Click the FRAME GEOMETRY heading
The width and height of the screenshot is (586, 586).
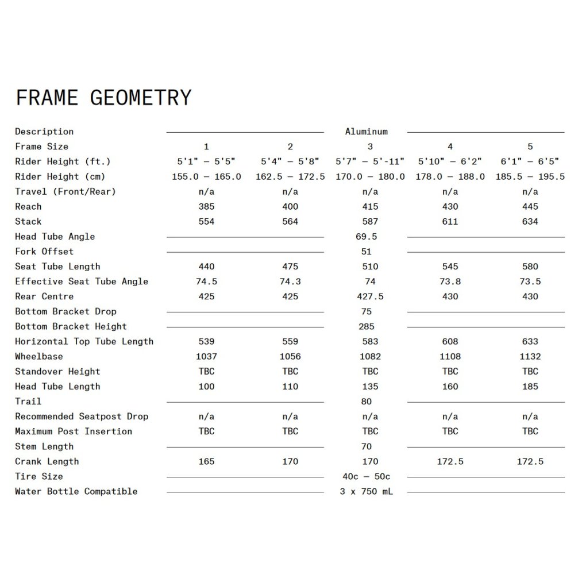103,98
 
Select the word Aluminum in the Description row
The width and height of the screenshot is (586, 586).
367,132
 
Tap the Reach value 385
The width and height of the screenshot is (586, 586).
206,206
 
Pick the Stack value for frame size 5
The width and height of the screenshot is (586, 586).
530,221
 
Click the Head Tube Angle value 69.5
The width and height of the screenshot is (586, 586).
367,236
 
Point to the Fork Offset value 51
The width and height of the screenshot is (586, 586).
367,251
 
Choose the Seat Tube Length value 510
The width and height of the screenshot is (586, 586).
371,266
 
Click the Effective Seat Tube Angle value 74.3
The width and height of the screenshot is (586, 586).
290,282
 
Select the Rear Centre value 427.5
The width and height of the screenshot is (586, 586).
371,296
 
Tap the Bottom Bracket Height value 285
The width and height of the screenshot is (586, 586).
367,326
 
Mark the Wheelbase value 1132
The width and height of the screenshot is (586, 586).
530,356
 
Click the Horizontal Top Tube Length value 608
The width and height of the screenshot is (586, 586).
450,341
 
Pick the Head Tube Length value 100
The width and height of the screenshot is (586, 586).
206,386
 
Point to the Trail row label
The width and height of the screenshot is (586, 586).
28,401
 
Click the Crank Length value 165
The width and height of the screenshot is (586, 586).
206,461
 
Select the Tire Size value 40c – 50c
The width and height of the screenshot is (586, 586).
367,476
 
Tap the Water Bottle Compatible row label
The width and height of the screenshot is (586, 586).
76,491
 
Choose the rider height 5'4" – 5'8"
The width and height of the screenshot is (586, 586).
290,161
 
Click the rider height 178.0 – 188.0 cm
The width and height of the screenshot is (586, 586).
450,176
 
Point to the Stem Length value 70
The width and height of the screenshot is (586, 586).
367,446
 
